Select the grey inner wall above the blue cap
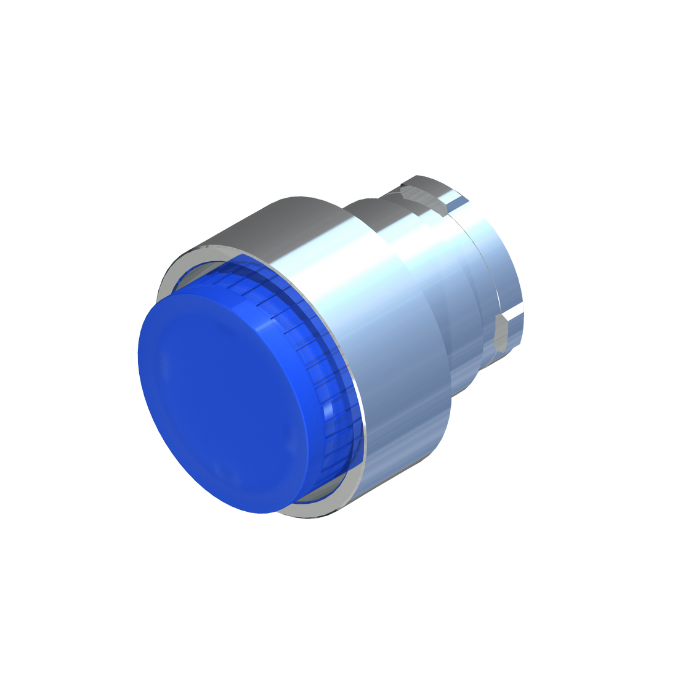tap(191, 274)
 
